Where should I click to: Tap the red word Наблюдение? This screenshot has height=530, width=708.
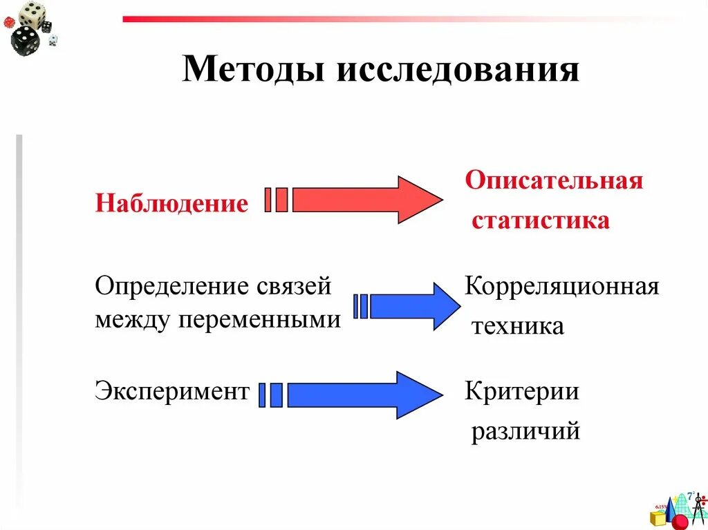171,203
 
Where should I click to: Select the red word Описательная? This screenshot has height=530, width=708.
554,181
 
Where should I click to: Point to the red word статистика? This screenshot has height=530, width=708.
541,221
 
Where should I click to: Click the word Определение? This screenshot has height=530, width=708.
174,286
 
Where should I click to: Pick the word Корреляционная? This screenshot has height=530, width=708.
561,286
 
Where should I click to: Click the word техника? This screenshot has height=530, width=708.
518,326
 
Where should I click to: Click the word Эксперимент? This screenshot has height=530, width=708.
171,392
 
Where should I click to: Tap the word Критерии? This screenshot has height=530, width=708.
522,392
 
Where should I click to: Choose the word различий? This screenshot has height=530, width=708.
525,432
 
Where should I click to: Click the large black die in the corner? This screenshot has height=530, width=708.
26,40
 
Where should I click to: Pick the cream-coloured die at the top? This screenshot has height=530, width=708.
30,12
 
